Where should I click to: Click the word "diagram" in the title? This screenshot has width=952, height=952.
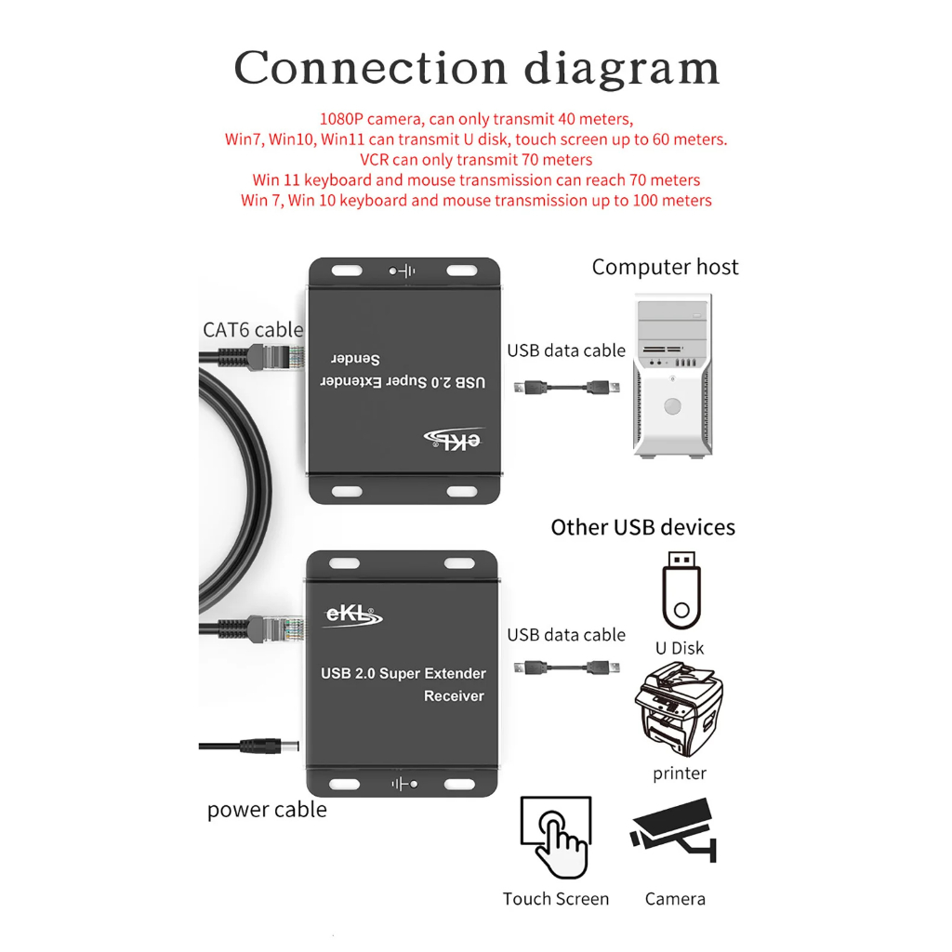(x=622, y=69)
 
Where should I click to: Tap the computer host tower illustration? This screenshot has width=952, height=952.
(x=673, y=376)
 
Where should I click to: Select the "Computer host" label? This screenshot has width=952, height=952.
(x=665, y=267)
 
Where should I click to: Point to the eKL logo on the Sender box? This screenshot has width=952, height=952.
(x=454, y=439)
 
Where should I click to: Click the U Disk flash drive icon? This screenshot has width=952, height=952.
(x=681, y=590)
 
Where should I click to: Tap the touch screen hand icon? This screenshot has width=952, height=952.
(x=556, y=838)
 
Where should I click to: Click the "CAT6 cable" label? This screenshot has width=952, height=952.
(x=253, y=330)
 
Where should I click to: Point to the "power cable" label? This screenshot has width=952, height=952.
(x=267, y=810)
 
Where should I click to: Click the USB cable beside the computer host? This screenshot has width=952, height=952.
(x=566, y=387)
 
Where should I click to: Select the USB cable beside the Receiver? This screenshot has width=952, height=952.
(x=566, y=668)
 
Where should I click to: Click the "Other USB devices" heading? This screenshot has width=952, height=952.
(x=643, y=527)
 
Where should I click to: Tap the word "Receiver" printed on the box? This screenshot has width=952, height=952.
(x=454, y=695)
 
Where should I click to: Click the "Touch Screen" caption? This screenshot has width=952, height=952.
(x=556, y=899)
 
